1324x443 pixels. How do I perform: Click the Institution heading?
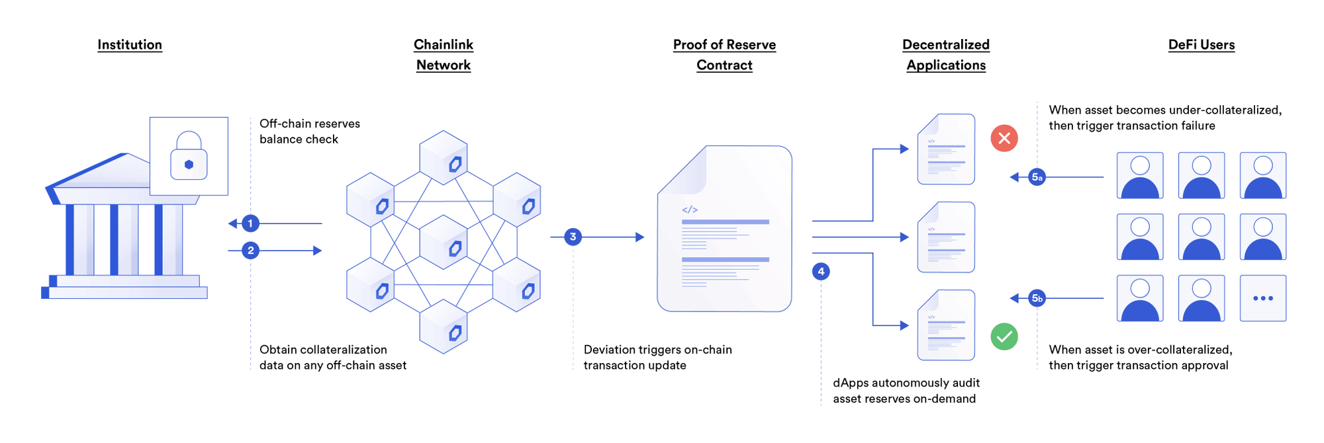[130, 45]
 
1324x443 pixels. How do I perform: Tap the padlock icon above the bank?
[189, 157]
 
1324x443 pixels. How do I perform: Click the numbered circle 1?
[250, 223]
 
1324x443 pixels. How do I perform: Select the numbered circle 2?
[250, 251]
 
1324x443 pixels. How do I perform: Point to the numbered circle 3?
[573, 237]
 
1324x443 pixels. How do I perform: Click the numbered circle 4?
[821, 272]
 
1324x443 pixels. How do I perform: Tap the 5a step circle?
[1037, 177]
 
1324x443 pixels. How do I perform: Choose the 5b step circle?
[1037, 298]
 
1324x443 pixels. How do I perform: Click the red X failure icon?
[1004, 138]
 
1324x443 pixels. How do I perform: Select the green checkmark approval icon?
[1004, 337]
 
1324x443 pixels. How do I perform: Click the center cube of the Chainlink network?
[444, 242]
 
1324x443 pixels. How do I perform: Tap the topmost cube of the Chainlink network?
[444, 157]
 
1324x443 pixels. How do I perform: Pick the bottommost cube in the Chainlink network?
[444, 327]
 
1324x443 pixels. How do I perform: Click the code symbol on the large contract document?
[690, 210]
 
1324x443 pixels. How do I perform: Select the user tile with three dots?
[1262, 298]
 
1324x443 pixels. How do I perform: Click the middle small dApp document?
[946, 237]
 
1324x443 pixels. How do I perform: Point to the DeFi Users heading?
[1201, 45]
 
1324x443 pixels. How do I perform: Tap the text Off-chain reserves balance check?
[309, 132]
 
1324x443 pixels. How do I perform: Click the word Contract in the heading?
[724, 65]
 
